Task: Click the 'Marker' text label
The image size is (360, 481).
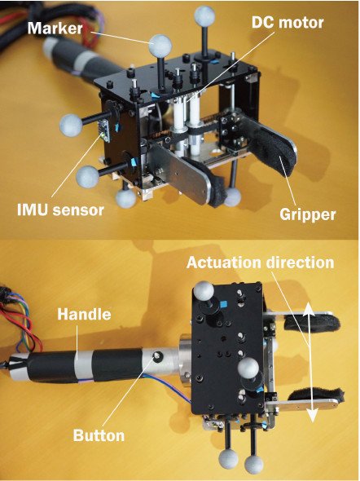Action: [55, 29]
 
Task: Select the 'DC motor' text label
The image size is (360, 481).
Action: [288, 23]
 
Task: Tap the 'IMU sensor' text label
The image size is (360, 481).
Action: [60, 210]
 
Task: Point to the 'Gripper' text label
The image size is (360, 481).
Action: [307, 214]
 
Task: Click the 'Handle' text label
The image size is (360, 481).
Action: [84, 315]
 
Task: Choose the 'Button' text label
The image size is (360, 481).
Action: [99, 435]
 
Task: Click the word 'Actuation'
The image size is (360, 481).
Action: [224, 263]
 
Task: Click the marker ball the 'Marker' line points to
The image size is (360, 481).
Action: [160, 45]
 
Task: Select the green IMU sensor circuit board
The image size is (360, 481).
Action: [103, 130]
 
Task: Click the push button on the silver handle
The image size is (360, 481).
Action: [157, 355]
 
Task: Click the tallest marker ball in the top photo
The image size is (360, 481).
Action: [205, 15]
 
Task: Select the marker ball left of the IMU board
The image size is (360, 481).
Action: [71, 125]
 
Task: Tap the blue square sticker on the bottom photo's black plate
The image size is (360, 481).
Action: [224, 304]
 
